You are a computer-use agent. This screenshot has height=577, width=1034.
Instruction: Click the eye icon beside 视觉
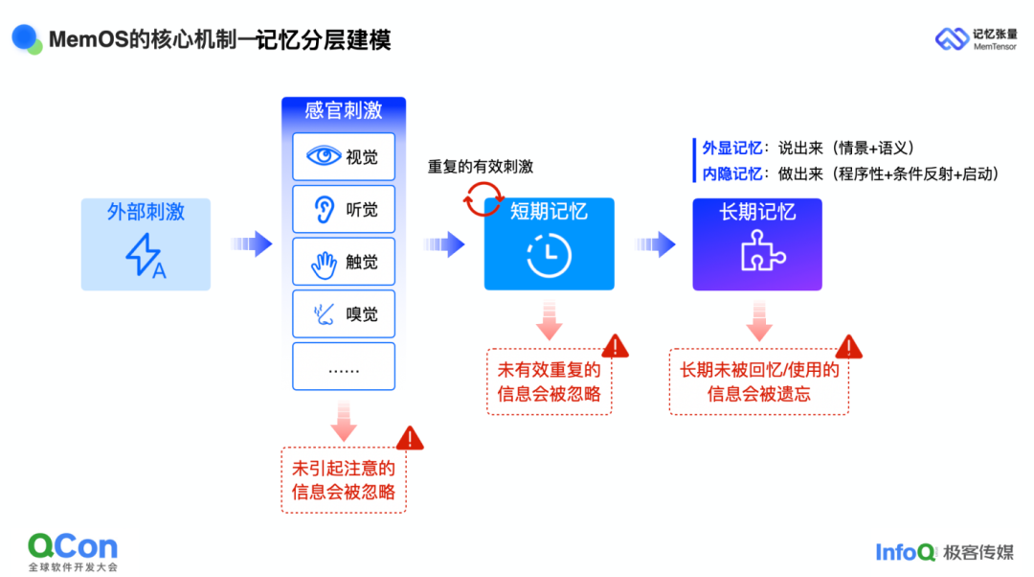click(x=323, y=155)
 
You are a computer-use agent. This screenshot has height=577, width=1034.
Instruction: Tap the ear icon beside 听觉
click(x=324, y=208)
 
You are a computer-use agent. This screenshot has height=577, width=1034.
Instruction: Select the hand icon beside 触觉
click(x=324, y=261)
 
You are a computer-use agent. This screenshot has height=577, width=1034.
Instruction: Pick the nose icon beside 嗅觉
click(x=323, y=312)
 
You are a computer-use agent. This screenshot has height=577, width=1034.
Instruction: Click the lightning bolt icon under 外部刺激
click(x=146, y=255)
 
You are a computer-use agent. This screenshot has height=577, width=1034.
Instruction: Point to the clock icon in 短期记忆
click(x=549, y=256)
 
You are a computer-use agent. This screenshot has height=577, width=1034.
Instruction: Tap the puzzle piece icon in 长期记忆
click(x=757, y=251)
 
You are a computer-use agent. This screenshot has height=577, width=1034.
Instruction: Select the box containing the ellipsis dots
click(x=343, y=366)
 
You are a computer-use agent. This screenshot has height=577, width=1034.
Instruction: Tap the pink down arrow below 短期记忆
click(x=549, y=321)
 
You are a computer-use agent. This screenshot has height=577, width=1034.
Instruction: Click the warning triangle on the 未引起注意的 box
click(x=411, y=438)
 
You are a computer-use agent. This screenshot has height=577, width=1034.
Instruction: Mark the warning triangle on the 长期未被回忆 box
click(x=848, y=346)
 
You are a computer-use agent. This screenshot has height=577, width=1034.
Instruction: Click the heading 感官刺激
click(x=343, y=110)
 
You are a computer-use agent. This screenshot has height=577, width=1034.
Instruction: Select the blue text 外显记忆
click(x=732, y=148)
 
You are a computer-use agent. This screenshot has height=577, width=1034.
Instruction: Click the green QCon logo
click(x=73, y=547)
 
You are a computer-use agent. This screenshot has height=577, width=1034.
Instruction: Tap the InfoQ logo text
click(x=905, y=551)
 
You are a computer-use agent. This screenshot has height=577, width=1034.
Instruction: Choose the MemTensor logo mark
click(x=951, y=38)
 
